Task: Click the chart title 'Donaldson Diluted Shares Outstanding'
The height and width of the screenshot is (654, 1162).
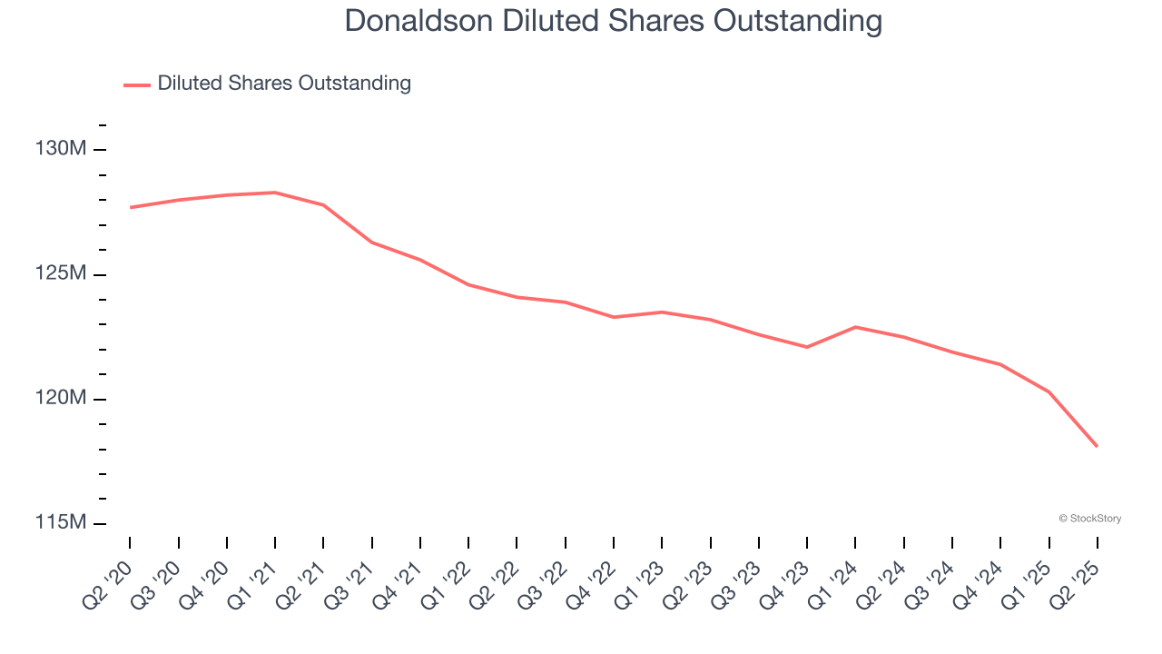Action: coord(613,21)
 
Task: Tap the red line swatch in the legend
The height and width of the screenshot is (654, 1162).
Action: coord(137,84)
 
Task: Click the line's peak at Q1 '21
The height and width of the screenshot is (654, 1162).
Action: coord(275,193)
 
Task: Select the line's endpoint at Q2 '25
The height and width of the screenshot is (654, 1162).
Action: coord(1097,446)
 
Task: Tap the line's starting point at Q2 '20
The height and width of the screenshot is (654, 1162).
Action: coord(131,207)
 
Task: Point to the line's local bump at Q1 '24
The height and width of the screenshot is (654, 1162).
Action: coord(855,327)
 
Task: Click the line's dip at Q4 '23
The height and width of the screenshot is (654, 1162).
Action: coord(807,347)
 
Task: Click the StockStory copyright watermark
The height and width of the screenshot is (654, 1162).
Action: coord(1089,519)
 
